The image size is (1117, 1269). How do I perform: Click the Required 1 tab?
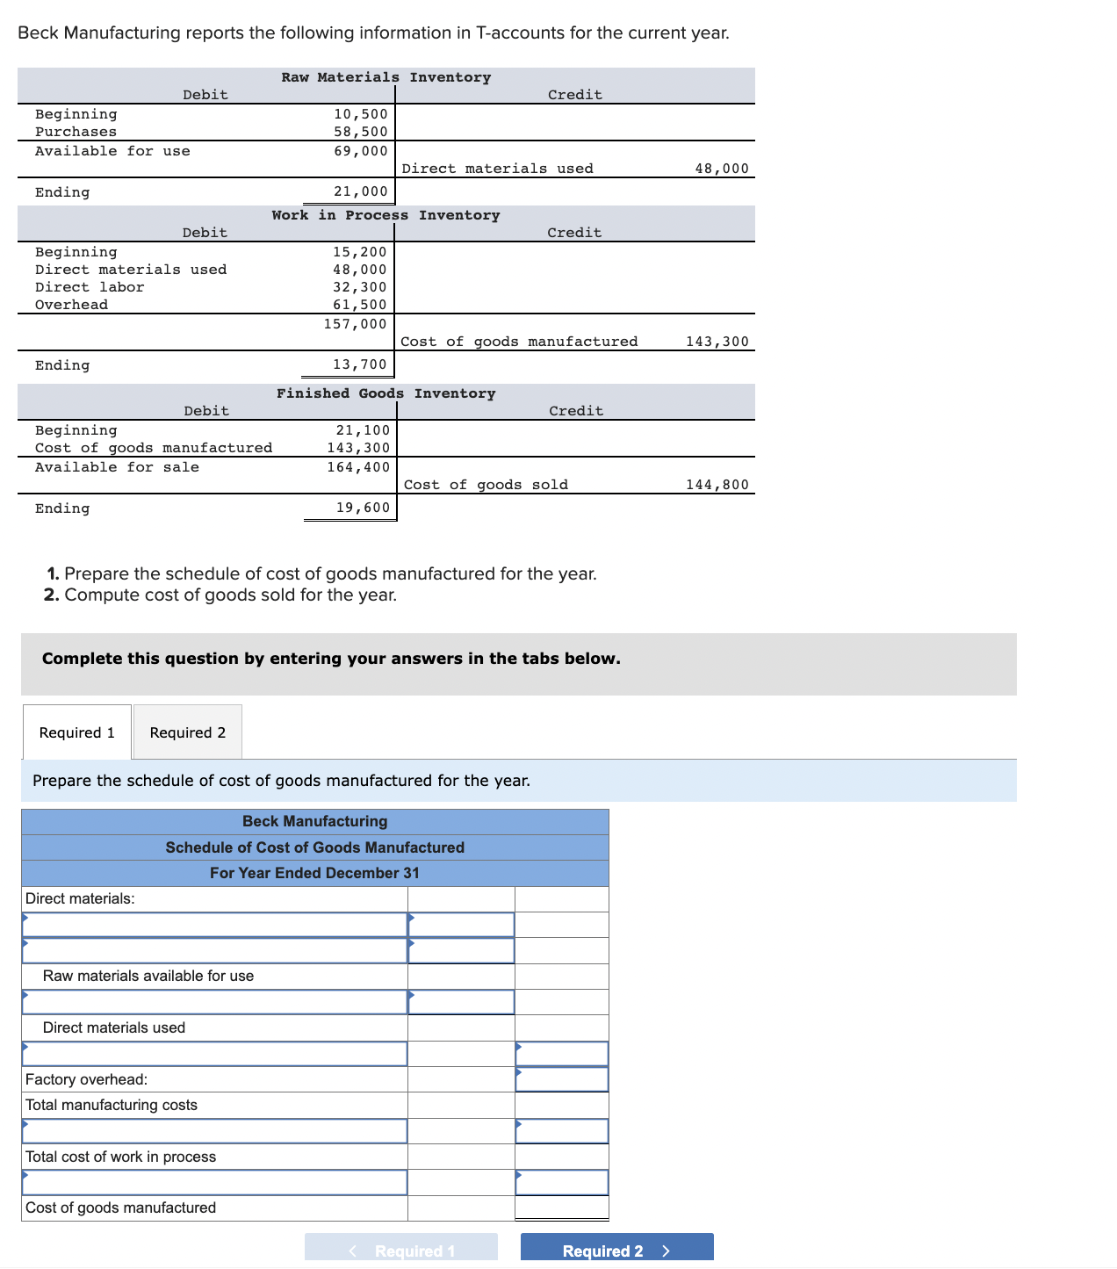click(x=77, y=732)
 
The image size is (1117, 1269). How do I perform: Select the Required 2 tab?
click(x=187, y=732)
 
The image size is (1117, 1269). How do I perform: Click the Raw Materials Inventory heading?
click(x=386, y=77)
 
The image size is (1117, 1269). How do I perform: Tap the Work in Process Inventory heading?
click(x=386, y=215)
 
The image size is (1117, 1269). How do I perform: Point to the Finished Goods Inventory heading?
click(x=386, y=393)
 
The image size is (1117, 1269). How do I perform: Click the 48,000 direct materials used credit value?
click(x=721, y=169)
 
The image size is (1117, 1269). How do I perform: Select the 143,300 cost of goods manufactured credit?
click(x=717, y=342)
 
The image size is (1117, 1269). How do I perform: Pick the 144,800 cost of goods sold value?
click(x=717, y=485)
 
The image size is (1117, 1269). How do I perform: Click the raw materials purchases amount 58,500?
click(x=360, y=132)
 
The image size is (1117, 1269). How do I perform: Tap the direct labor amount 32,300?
click(x=359, y=287)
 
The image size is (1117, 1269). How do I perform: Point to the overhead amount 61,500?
click(x=359, y=305)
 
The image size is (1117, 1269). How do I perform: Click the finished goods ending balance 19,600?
click(x=363, y=508)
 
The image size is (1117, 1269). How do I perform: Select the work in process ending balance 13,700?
click(x=359, y=364)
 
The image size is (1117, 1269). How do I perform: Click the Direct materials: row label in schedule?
click(x=80, y=898)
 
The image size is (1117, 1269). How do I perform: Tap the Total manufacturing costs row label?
click(x=112, y=1105)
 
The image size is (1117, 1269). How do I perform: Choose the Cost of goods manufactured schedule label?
click(x=120, y=1208)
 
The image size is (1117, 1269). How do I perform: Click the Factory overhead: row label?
click(x=86, y=1079)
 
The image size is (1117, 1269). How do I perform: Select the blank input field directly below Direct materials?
click(x=214, y=925)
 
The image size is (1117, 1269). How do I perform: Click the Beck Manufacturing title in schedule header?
click(x=314, y=821)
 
